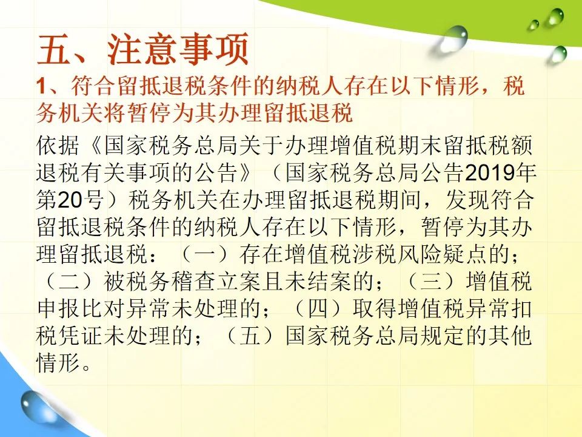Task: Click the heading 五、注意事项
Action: [143, 49]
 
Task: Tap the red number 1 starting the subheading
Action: [41, 86]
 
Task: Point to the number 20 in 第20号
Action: [70, 200]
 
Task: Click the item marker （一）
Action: [205, 254]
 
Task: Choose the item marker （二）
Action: [69, 281]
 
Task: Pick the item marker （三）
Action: [431, 281]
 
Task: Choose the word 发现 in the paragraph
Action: [467, 200]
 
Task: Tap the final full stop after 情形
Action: [86, 368]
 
